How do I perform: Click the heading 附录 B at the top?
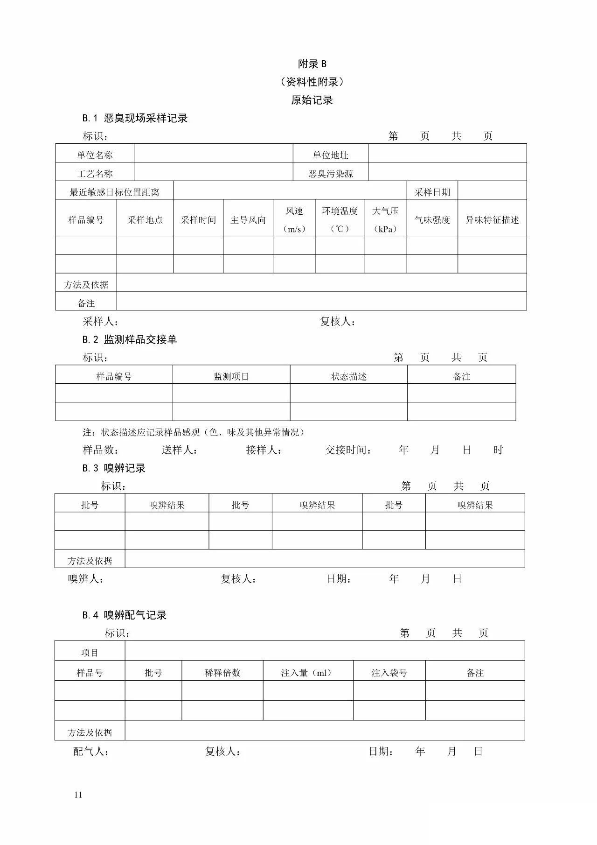[x=312, y=64]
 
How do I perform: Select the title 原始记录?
[x=312, y=100]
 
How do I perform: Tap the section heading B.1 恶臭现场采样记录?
[x=135, y=118]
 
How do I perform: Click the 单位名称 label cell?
[x=95, y=155]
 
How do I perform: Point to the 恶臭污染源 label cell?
[x=331, y=174]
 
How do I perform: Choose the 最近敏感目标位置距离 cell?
[x=114, y=192]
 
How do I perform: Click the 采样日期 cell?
[x=432, y=192]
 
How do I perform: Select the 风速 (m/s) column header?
[x=294, y=219]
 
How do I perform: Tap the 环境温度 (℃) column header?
[x=340, y=219]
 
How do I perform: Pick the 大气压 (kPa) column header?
[x=385, y=219]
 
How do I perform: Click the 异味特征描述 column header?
[x=492, y=220]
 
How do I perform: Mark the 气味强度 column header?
[x=432, y=220]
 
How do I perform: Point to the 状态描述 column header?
[x=349, y=376]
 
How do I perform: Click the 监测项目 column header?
[x=231, y=376]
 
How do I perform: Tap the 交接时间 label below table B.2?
[x=348, y=450]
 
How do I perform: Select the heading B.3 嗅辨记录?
[x=114, y=468]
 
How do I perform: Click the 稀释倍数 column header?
[x=222, y=673]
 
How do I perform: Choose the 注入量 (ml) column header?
[x=308, y=673]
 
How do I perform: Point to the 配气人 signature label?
[x=91, y=752]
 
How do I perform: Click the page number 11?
[x=78, y=795]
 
